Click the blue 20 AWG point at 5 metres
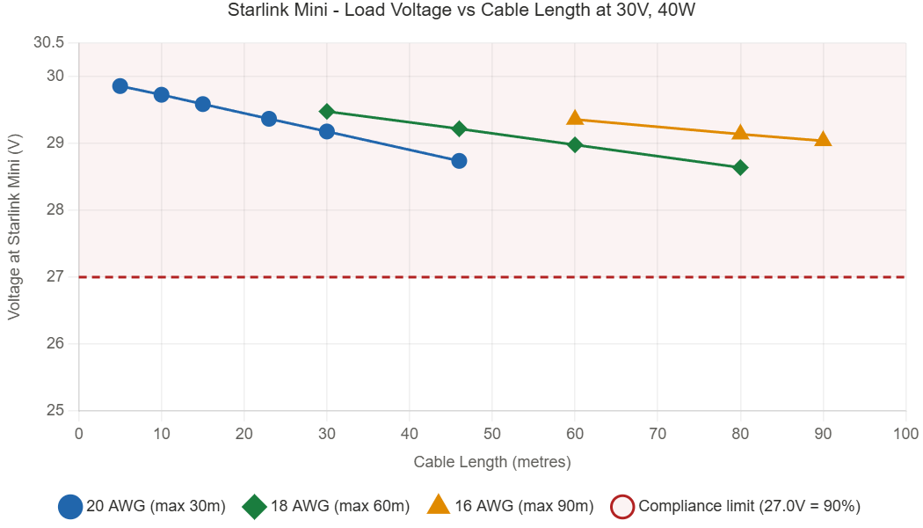pyautogui.click(x=120, y=86)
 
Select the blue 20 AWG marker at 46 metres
pyautogui.click(x=459, y=160)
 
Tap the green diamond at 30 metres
pyautogui.click(x=327, y=111)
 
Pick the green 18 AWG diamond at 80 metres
pyautogui.click(x=740, y=167)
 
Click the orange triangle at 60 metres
pyautogui.click(x=575, y=118)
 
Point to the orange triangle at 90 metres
pyautogui.click(x=823, y=139)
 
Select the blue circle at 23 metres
pyautogui.click(x=269, y=119)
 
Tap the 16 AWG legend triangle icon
pyautogui.click(x=438, y=505)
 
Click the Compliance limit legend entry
pyautogui.click(x=734, y=507)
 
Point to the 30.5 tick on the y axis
pyautogui.click(x=49, y=43)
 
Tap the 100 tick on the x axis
pyautogui.click(x=905, y=433)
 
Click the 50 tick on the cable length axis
pyautogui.click(x=492, y=433)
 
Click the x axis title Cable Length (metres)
pyautogui.click(x=492, y=462)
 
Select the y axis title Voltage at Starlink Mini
pyautogui.click(x=14, y=227)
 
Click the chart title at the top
pyautogui.click(x=461, y=11)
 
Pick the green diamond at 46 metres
pyautogui.click(x=459, y=128)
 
